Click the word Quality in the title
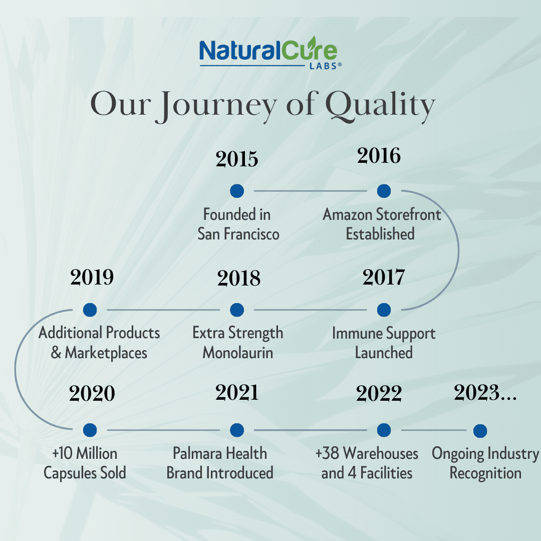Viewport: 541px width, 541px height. coord(380,106)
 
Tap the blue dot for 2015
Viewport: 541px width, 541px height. coord(237,191)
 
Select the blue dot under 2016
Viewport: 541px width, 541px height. coord(384,191)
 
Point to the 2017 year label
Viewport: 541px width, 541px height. coord(384,277)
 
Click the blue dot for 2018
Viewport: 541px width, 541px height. coord(237,310)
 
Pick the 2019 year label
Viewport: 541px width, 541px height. coord(92,277)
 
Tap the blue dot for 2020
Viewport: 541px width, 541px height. coord(90,430)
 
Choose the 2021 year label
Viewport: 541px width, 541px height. coord(237,393)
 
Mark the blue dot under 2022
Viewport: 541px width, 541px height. coord(384,430)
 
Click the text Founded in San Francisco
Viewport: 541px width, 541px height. coord(238,224)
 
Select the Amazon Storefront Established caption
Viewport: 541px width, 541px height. coord(382,224)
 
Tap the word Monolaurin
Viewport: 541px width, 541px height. coord(238,353)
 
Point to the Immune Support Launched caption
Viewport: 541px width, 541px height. coord(384,343)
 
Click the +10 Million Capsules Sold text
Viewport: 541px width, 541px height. coord(85,463)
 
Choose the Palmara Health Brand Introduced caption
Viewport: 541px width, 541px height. coord(220,463)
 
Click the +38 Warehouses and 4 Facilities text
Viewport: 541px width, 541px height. coord(367,463)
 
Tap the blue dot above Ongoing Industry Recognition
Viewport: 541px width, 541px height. coord(480,430)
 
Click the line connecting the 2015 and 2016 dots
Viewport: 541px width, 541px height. coord(311,191)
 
